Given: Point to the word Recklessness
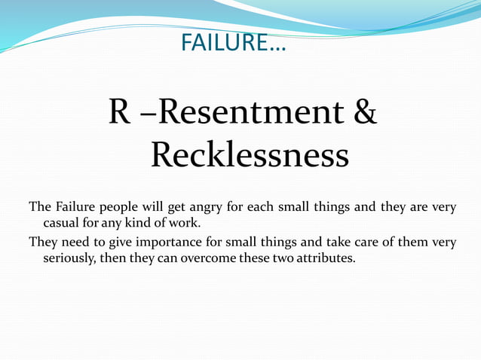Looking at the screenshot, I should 250,155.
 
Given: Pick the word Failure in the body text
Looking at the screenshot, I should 75,207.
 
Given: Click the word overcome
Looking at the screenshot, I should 213,258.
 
